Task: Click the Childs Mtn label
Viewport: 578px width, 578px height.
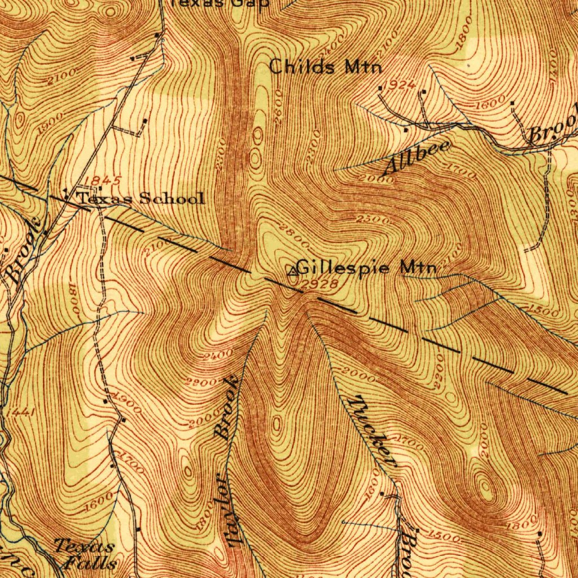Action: [x=325, y=67]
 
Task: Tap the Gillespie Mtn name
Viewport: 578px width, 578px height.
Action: [x=366, y=267]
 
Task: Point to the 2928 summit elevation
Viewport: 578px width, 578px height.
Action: [x=319, y=285]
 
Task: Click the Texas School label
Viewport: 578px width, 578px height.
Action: [x=140, y=198]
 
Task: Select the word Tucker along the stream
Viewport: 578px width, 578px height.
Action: [x=373, y=431]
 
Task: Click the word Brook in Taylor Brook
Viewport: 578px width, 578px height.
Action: [x=227, y=408]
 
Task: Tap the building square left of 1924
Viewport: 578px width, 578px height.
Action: [x=380, y=88]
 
